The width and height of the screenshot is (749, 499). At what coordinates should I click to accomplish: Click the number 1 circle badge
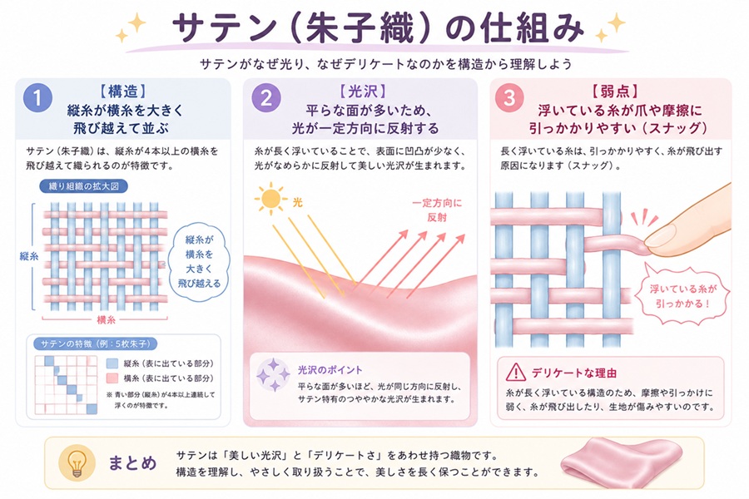tap(37, 98)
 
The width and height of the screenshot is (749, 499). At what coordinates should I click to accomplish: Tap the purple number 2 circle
tap(266, 98)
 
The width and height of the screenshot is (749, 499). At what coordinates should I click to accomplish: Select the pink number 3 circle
tap(509, 98)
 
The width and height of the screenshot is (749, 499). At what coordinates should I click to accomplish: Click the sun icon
tap(270, 199)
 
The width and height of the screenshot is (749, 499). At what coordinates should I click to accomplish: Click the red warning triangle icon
tap(516, 372)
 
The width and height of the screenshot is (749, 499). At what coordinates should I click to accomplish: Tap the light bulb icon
tap(77, 462)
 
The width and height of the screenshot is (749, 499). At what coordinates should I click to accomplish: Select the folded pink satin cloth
tap(621, 462)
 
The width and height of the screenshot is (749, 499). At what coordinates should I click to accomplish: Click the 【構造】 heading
tap(123, 91)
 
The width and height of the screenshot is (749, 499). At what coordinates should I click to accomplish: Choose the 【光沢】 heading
tap(363, 91)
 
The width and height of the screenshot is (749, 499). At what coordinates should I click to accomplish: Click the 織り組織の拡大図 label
tap(83, 186)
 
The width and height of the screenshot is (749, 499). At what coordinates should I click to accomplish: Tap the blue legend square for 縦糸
tap(112, 364)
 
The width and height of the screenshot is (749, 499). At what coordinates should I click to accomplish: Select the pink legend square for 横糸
tap(112, 378)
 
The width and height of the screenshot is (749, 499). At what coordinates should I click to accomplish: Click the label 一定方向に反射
tap(437, 210)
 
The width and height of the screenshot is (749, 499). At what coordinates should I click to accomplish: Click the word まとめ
tap(132, 462)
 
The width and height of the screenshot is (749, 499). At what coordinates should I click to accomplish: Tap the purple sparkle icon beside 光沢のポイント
tap(273, 375)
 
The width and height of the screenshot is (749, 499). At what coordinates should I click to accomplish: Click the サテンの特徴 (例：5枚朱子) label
tap(96, 343)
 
